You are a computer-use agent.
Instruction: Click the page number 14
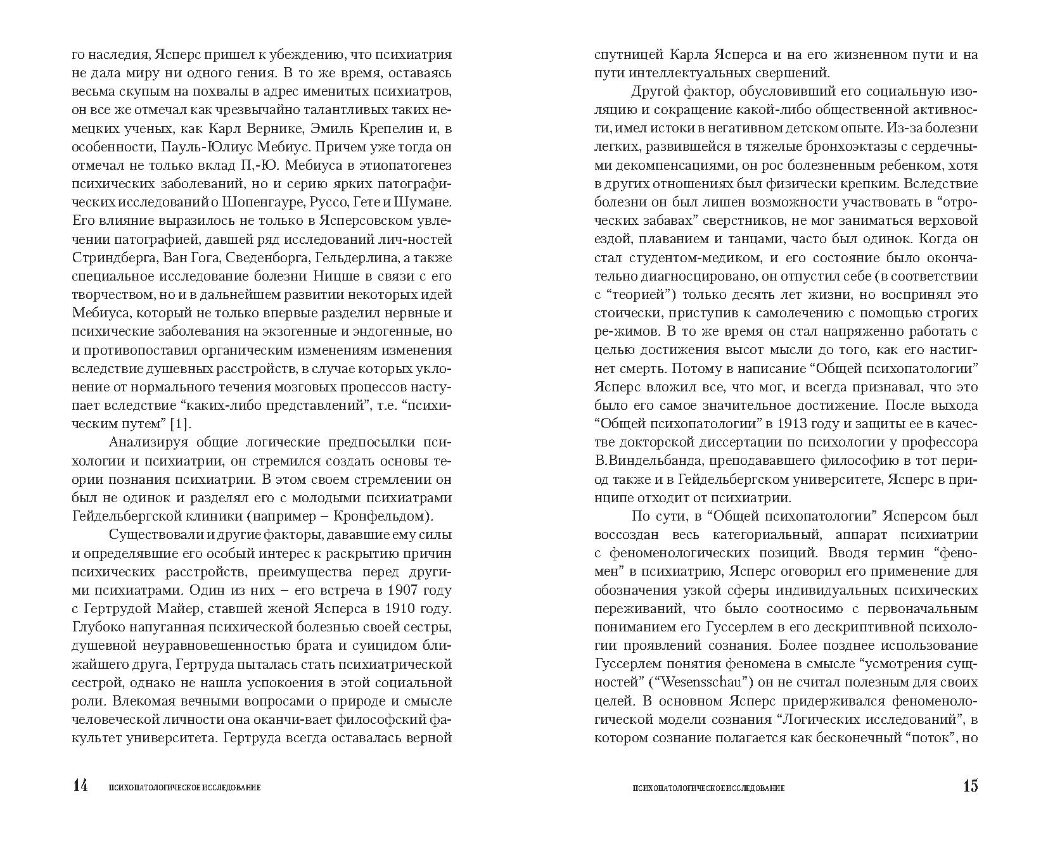pyautogui.click(x=80, y=787)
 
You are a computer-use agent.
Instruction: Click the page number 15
pyautogui.click(x=970, y=787)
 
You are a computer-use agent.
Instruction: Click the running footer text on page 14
pyautogui.click(x=185, y=788)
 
